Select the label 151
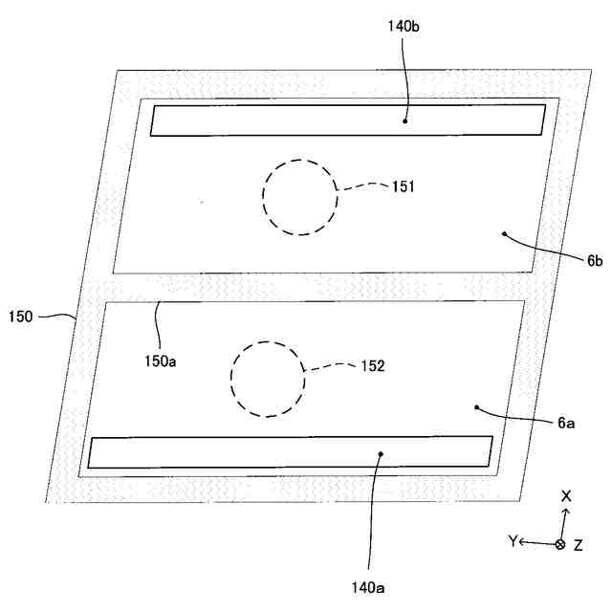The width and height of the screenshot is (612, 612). coord(403,186)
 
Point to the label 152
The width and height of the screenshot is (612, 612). coord(372,365)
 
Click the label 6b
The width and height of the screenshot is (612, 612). coord(595,260)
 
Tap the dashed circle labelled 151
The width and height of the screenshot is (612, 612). coord(300,197)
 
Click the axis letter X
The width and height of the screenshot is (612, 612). coord(566,496)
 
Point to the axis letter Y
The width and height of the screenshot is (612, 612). coord(514,541)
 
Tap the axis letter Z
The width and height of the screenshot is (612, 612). coord(579,544)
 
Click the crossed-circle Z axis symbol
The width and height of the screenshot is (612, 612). coord(560,544)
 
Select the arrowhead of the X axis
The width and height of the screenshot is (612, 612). coord(564,513)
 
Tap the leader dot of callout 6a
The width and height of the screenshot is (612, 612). coord(475,407)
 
